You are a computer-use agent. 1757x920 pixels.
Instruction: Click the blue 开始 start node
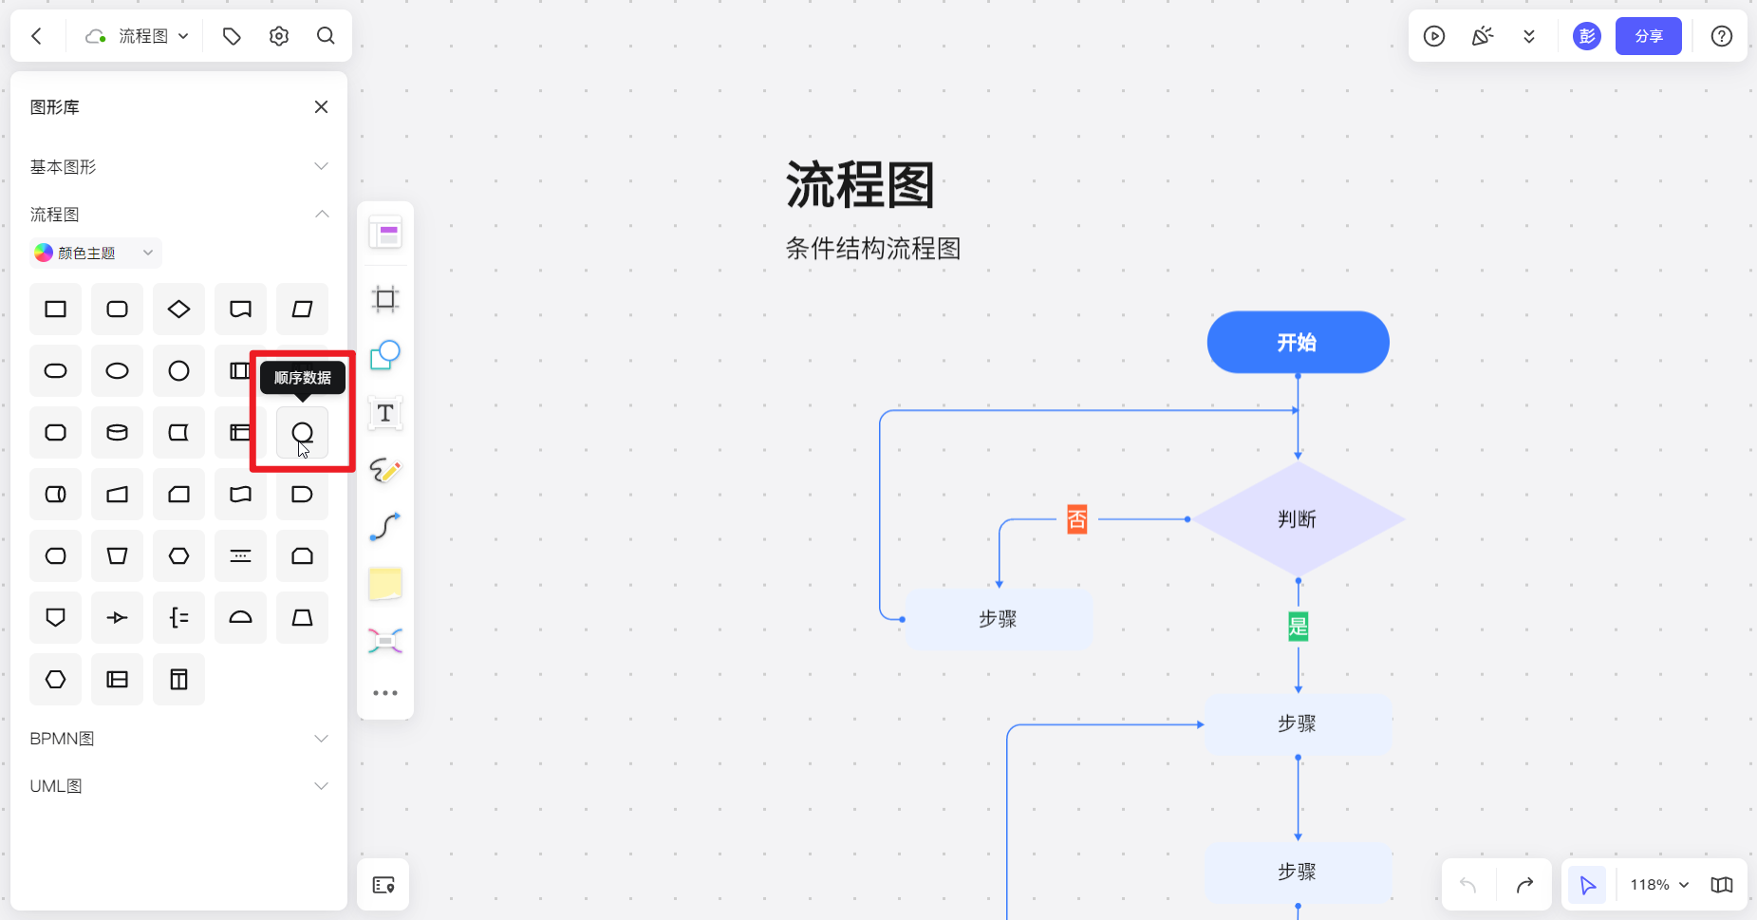(1298, 343)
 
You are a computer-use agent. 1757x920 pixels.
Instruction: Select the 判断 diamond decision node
(1298, 519)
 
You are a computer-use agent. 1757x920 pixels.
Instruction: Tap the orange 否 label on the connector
(1076, 519)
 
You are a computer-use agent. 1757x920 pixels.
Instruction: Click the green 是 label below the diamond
(1298, 627)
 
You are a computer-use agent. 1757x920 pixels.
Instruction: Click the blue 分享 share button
(1648, 36)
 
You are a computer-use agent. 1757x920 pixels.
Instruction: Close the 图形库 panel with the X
(321, 107)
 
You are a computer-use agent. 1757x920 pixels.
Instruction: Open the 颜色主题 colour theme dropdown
(95, 253)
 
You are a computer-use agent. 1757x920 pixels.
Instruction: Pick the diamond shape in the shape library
(178, 310)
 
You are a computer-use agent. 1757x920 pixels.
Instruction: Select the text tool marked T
(385, 413)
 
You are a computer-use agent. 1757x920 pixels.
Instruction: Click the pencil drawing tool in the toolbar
(385, 470)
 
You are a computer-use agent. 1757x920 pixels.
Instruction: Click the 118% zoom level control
(1658, 885)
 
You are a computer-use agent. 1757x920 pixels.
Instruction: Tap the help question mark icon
(1721, 36)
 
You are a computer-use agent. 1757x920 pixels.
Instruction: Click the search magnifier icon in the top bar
(326, 36)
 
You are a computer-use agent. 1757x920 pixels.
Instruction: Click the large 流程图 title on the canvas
(860, 185)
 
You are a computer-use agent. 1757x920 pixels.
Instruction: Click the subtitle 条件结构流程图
(873, 249)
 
